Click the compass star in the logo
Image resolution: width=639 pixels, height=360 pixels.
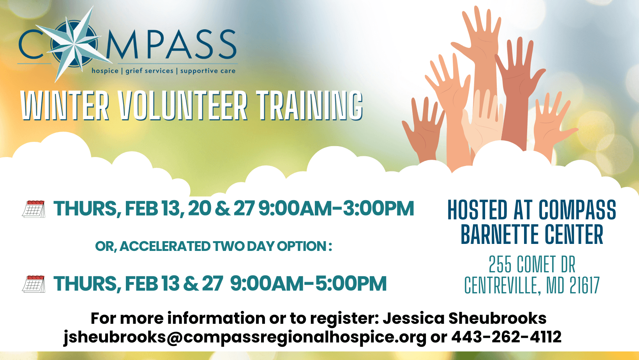[x=74, y=44]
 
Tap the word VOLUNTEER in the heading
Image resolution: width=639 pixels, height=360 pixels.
[x=183, y=106]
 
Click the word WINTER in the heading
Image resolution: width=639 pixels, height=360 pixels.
[x=65, y=106]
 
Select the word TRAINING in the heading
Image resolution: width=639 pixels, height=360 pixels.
[x=310, y=106]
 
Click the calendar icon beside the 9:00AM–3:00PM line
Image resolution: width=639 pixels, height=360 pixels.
[x=34, y=209]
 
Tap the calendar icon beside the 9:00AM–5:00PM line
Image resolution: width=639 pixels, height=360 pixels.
[x=34, y=284]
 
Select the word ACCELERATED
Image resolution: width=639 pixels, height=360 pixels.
[x=165, y=246]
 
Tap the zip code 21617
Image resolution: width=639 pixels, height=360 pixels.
[x=584, y=285]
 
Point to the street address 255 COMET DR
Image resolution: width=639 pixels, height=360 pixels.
[x=532, y=264]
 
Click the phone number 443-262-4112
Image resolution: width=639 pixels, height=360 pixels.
[x=507, y=337]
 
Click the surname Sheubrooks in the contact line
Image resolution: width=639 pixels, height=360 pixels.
[x=497, y=318]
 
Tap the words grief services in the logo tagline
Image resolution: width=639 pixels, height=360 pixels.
[x=149, y=71]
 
